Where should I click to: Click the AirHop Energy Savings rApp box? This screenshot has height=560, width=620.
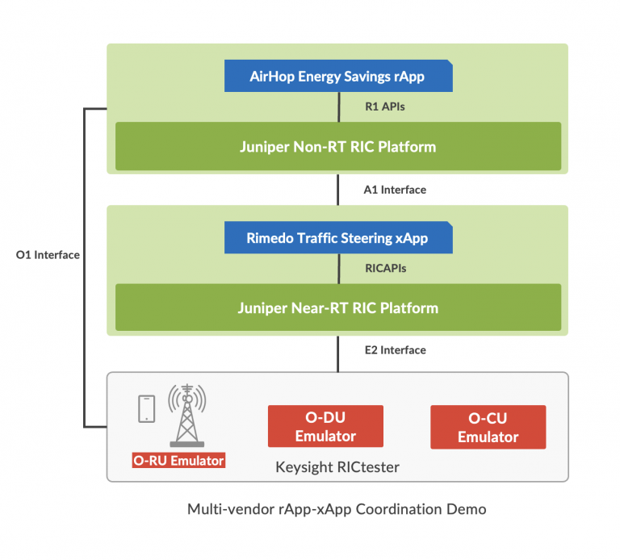[337, 77]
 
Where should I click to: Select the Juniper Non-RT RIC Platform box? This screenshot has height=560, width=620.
[337, 147]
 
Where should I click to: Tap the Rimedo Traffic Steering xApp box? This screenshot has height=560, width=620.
[337, 239]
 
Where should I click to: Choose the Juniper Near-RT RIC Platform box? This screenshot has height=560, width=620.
[337, 308]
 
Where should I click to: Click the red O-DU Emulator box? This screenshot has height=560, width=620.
[325, 426]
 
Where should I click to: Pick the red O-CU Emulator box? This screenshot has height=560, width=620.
[488, 427]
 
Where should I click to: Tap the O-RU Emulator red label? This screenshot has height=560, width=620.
[178, 461]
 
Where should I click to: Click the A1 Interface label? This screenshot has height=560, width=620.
[394, 190]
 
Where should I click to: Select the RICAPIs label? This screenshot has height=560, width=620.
[385, 268]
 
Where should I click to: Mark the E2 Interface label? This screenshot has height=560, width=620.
[394, 349]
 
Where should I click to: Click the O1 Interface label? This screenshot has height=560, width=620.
[48, 255]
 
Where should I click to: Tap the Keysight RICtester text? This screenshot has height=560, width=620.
[337, 466]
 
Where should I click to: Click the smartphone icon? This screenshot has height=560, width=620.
[147, 408]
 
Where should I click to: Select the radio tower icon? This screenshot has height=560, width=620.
[186, 413]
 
